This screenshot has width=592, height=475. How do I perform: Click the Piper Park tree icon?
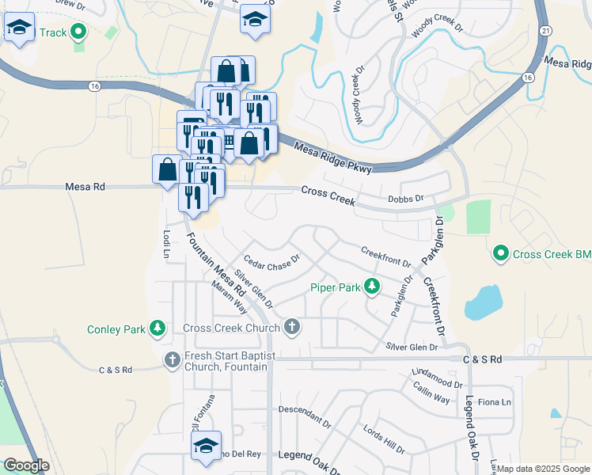click(x=370, y=287)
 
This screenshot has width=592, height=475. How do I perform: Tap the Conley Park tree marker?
click(x=157, y=329)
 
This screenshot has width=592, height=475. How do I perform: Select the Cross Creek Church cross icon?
click(x=292, y=327)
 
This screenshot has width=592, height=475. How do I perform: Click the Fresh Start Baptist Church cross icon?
click(x=173, y=360)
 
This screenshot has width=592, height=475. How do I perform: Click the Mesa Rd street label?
click(x=85, y=188)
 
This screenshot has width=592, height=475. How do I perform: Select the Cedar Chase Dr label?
click(x=272, y=262)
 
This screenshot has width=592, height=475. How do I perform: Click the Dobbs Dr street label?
click(x=406, y=199)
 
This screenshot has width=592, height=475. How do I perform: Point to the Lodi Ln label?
click(x=166, y=245)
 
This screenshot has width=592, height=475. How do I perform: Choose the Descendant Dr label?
click(x=304, y=414)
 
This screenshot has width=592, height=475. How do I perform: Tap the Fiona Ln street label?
click(x=495, y=402)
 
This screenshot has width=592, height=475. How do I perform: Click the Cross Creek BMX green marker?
click(x=500, y=254)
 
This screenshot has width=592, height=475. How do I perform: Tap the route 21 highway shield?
click(x=546, y=28)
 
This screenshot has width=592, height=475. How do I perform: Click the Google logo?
click(x=26, y=465)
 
